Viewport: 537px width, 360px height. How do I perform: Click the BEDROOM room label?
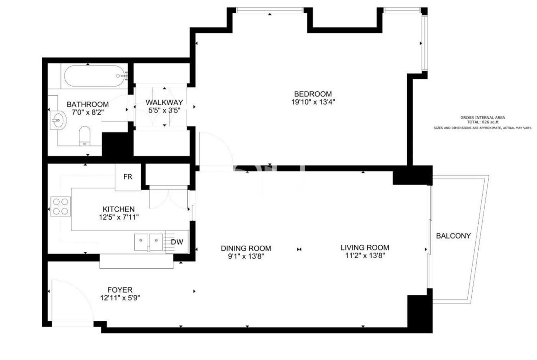(313, 94)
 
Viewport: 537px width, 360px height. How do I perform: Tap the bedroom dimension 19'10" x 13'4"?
(313, 102)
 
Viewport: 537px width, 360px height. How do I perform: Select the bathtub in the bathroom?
(95, 76)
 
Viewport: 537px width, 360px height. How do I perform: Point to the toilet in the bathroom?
(84, 136)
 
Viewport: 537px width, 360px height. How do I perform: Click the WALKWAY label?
(164, 102)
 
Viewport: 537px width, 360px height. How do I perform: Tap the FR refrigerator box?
(128, 177)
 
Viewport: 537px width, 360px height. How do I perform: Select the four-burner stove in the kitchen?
(61, 206)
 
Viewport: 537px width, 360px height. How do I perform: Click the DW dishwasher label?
(177, 242)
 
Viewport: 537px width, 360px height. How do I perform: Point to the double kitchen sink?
(149, 242)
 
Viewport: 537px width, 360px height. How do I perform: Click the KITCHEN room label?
(118, 209)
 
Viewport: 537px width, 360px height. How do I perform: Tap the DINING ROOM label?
(246, 249)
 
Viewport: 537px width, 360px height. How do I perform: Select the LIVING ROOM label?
(365, 248)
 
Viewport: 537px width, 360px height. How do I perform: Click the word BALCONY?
(453, 236)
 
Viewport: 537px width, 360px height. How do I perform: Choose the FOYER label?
(120, 290)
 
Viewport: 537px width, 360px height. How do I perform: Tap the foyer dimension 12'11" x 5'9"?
(120, 298)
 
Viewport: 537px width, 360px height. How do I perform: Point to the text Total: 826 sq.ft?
(483, 122)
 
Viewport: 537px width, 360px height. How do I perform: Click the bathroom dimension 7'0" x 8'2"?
(88, 112)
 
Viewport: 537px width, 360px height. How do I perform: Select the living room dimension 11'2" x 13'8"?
(365, 255)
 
